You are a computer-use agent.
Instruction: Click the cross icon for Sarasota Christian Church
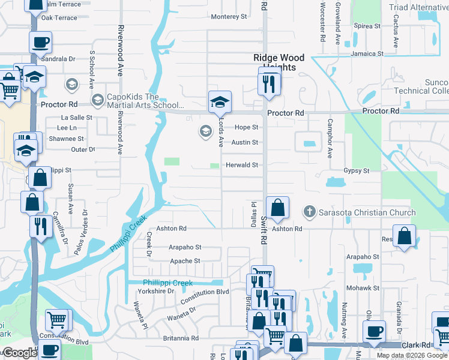(x=309, y=212)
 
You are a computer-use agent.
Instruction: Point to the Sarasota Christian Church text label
(x=367, y=212)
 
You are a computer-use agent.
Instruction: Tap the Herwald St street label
(x=241, y=165)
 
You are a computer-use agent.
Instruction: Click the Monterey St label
(x=229, y=17)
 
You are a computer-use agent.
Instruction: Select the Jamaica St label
(x=367, y=54)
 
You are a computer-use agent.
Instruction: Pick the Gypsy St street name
(x=357, y=171)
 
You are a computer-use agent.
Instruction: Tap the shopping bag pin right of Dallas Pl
(x=277, y=208)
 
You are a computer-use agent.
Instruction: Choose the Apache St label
(x=185, y=261)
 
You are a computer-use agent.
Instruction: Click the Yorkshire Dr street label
(x=155, y=291)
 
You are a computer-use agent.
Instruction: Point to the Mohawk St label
(x=364, y=288)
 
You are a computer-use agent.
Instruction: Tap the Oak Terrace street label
(x=59, y=18)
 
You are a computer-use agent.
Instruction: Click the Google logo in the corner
(x=19, y=353)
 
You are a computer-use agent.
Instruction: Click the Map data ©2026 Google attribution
(x=412, y=355)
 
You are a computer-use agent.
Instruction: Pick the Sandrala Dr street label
(x=58, y=59)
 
